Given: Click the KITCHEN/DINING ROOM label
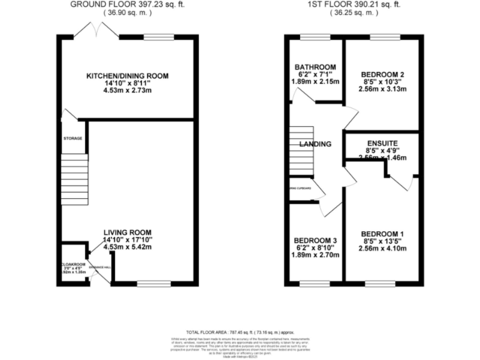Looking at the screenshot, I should [127, 76].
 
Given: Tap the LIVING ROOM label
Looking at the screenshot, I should [127, 231].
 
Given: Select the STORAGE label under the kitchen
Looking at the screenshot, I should [72, 138].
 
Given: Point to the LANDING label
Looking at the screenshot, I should [315, 144].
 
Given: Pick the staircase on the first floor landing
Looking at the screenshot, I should [301, 150].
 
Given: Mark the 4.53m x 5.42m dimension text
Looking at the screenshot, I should [127, 247].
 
